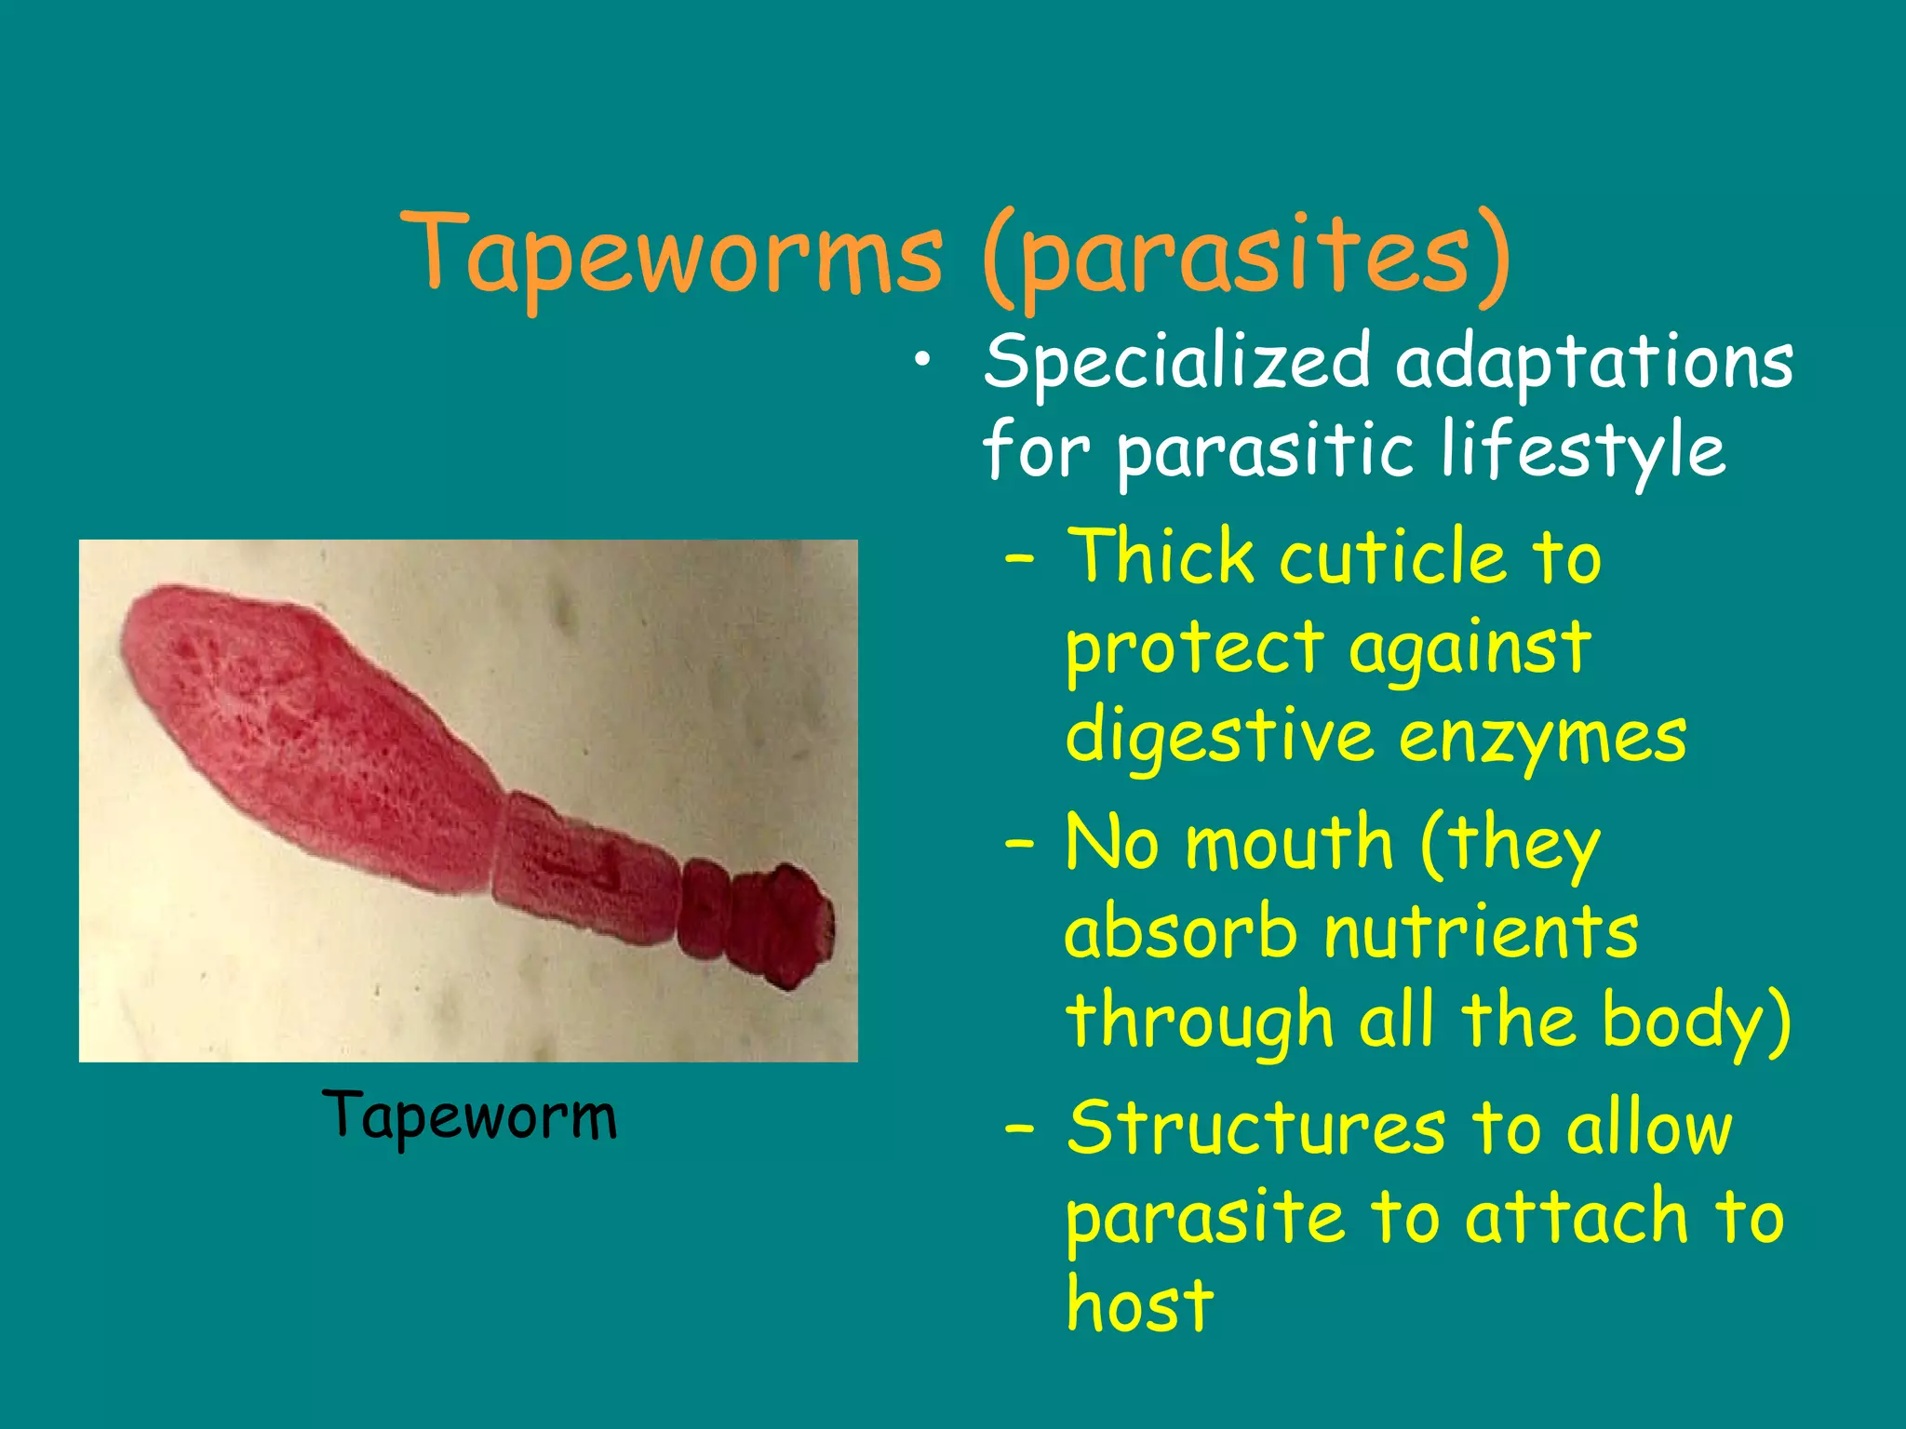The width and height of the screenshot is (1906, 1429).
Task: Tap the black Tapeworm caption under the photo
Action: click(x=470, y=1115)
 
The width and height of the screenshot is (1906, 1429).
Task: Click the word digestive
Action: click(x=1219, y=739)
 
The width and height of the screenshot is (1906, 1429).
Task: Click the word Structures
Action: click(x=1256, y=1128)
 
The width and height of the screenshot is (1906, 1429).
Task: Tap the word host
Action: click(x=1140, y=1304)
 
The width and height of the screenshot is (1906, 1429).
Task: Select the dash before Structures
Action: click(x=1020, y=1129)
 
